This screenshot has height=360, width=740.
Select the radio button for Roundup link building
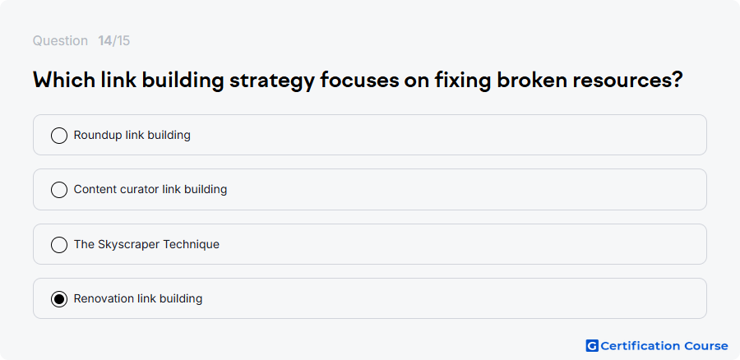tap(59, 136)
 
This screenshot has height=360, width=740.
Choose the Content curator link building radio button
tap(59, 190)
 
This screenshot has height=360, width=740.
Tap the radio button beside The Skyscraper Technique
tap(59, 245)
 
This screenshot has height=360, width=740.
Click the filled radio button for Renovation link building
tap(59, 299)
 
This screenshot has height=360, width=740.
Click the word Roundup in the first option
tap(98, 136)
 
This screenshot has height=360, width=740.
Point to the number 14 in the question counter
tap(104, 41)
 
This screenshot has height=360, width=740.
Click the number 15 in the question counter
tap(123, 41)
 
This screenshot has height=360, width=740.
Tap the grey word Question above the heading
tap(60, 41)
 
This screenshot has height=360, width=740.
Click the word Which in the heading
tap(63, 81)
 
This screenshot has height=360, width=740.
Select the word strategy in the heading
tap(271, 81)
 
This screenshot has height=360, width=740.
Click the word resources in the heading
tap(622, 81)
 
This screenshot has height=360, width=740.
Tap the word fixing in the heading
tap(462, 81)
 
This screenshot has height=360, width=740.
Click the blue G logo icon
tap(592, 346)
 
